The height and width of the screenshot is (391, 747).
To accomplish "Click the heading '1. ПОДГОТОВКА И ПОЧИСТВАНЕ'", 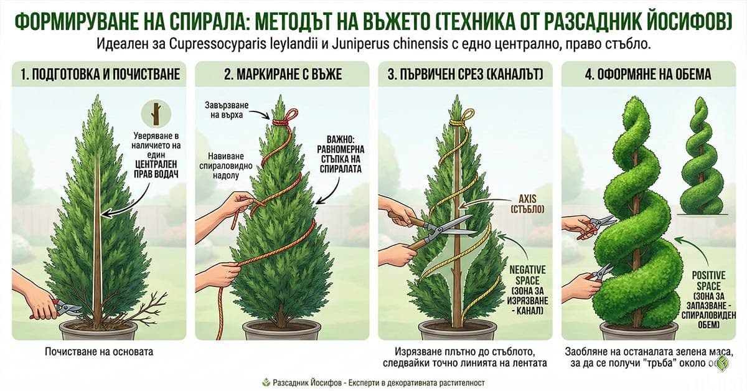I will [x=100, y=75].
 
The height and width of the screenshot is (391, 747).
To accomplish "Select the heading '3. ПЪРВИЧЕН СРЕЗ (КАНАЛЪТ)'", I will [x=465, y=75].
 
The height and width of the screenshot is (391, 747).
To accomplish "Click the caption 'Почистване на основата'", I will [x=99, y=352].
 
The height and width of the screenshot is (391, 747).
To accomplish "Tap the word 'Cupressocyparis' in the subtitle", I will [x=231, y=45].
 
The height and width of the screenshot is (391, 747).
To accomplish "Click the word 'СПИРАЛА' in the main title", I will [x=217, y=21].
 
